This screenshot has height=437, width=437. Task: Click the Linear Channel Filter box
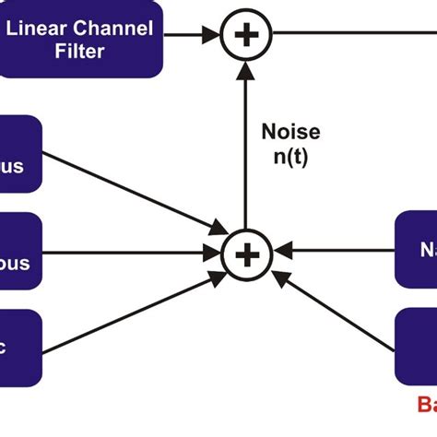pos(81,39)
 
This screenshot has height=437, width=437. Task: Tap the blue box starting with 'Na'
pos(416,248)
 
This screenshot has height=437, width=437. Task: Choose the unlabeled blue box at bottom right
pos(416,347)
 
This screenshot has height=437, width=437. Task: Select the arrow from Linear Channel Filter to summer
pos(192,37)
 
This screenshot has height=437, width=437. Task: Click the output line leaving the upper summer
pos(350,35)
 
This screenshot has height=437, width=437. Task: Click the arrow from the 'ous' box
pos(129,252)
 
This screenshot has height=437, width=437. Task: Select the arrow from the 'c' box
pos(129,310)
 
